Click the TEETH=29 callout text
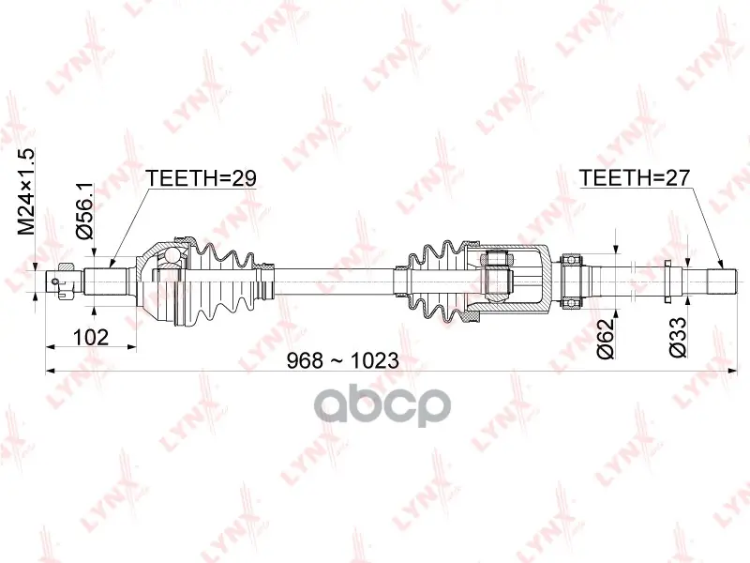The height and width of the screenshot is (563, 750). pyautogui.click(x=201, y=178)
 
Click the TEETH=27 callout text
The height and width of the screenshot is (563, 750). pyautogui.click(x=635, y=177)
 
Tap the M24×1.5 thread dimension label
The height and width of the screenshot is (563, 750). pyautogui.click(x=26, y=191)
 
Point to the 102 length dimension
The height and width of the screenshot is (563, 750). pyautogui.click(x=91, y=337)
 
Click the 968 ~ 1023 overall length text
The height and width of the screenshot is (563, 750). pyautogui.click(x=342, y=360)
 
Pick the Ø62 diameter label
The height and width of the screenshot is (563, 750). pyautogui.click(x=606, y=338)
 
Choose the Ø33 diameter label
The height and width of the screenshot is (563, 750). pyautogui.click(x=678, y=338)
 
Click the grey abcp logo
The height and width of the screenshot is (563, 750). pyautogui.click(x=382, y=406)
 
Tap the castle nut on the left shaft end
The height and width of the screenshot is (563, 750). pyautogui.click(x=65, y=281)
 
